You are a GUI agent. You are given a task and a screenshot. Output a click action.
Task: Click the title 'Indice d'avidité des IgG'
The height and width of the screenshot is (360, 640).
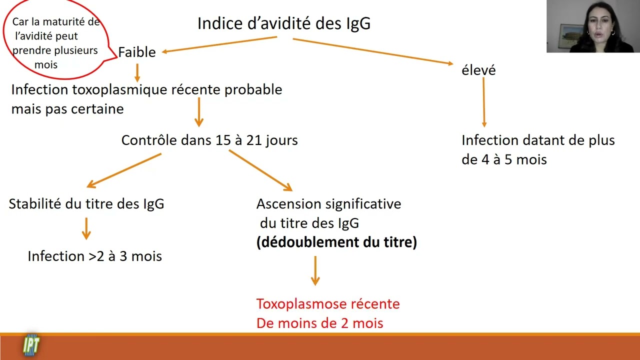[x=284, y=23]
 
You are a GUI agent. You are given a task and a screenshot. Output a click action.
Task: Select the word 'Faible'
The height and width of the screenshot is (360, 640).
[x=137, y=52]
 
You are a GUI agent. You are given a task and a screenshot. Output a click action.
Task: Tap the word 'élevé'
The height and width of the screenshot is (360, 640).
[x=478, y=70]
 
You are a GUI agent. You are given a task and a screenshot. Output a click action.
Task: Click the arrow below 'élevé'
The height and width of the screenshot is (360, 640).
[x=483, y=102]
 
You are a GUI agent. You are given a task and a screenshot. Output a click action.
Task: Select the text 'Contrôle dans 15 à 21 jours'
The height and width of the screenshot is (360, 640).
[x=209, y=140]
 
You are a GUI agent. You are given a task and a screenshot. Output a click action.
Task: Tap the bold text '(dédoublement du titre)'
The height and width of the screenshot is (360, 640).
[x=336, y=242]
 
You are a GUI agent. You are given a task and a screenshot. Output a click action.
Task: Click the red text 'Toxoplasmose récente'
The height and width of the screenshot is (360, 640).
[x=328, y=304]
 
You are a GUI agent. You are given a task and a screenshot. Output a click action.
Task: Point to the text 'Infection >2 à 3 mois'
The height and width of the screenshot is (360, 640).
[x=94, y=256]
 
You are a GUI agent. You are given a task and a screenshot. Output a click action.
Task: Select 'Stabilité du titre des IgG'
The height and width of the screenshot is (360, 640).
[x=86, y=203]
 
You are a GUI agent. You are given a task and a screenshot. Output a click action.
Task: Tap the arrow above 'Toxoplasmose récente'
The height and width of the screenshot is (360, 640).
[x=315, y=270]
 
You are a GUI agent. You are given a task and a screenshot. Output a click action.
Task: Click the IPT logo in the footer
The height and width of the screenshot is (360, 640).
[x=31, y=345]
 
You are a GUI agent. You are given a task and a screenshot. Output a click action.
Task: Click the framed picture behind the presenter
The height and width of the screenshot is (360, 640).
[x=570, y=35]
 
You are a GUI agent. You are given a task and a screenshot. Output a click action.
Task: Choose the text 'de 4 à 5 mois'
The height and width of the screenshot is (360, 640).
[x=504, y=159]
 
